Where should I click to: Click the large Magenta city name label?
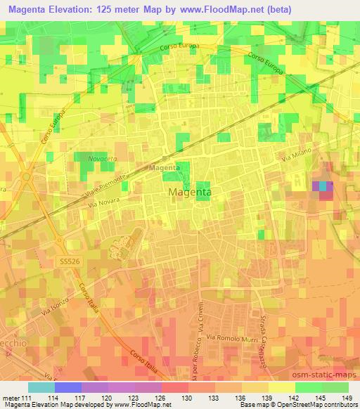coord(191,191)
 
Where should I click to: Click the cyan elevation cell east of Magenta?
coord(323,186)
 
